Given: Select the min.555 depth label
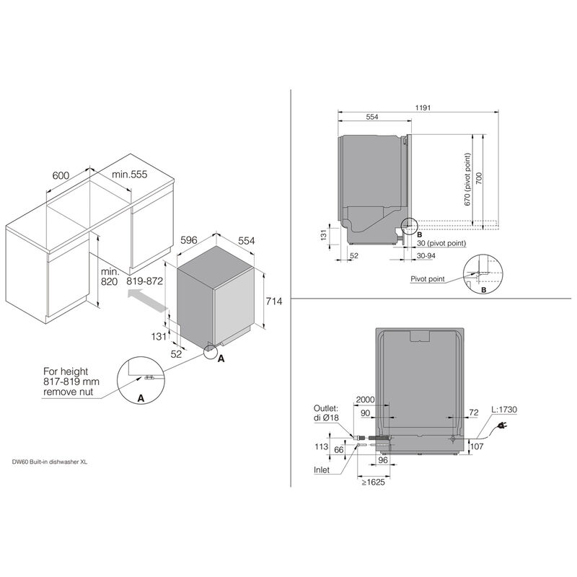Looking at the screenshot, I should coord(129,175).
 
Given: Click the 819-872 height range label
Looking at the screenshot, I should coord(146,283).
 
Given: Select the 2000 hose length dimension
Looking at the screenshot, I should coord(364,399).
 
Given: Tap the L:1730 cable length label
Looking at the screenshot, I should coord(503,410).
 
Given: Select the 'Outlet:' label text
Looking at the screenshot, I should coord(326,407).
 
